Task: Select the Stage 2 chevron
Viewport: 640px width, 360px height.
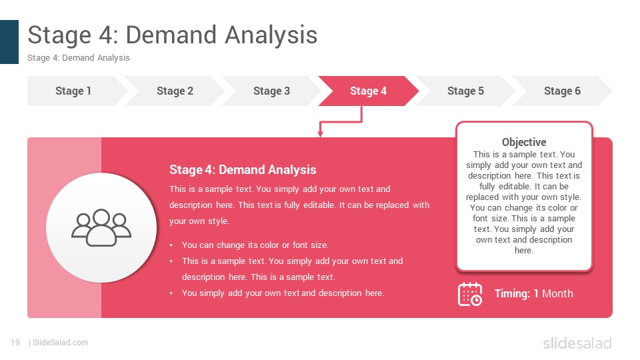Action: [175, 91]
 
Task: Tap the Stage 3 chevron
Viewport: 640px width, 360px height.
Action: [271, 91]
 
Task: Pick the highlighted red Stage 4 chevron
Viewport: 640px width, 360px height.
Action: [368, 91]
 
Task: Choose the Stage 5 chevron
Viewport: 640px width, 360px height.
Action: [465, 91]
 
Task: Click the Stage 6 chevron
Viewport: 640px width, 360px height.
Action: [562, 91]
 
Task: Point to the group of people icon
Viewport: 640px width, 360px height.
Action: [101, 228]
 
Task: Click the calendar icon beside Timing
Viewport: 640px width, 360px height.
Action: [470, 294]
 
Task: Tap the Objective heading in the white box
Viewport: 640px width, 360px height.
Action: [524, 142]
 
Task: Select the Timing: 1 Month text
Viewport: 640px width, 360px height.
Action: [534, 293]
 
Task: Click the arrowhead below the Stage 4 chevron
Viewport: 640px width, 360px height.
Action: [321, 134]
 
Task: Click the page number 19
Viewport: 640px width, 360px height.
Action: [15, 343]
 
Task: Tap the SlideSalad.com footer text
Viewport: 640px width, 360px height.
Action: [61, 343]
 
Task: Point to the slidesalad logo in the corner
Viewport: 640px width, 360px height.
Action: [577, 343]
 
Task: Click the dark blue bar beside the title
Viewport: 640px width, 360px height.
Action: [9, 42]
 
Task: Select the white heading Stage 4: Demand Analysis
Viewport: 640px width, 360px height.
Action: [243, 170]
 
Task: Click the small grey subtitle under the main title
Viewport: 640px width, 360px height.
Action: [79, 58]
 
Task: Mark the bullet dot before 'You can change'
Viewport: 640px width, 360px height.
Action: [171, 245]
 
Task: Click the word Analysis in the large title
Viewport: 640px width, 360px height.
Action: [271, 35]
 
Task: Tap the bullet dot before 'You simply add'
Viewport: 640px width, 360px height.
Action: [171, 293]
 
